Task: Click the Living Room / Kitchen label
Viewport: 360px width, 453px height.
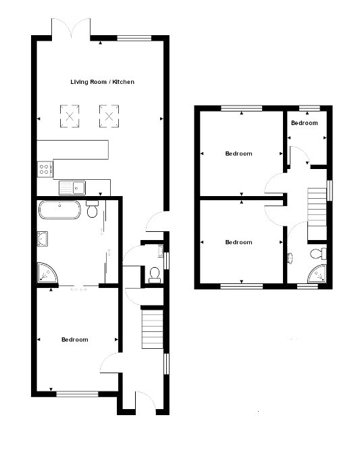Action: pyautogui.click(x=103, y=82)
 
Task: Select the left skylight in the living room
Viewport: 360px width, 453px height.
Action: pyautogui.click(x=70, y=116)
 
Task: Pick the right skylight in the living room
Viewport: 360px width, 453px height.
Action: pyautogui.click(x=109, y=116)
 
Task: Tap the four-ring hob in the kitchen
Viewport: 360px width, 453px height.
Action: pyautogui.click(x=45, y=169)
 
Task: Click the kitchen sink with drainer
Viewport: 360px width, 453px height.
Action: pyautogui.click(x=72, y=188)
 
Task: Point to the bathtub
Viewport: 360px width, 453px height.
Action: pyautogui.click(x=59, y=210)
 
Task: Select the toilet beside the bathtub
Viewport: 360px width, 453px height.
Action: pyautogui.click(x=93, y=209)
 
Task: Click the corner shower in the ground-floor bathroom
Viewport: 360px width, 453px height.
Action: pyautogui.click(x=47, y=272)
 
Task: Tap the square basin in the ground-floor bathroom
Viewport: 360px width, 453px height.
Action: pyautogui.click(x=43, y=239)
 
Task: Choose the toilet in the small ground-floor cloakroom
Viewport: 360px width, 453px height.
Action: pyautogui.click(x=155, y=275)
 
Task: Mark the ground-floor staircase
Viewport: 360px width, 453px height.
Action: pyautogui.click(x=153, y=329)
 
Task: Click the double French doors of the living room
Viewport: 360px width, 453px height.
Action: pyautogui.click(x=71, y=28)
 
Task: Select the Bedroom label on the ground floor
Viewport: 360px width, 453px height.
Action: pyautogui.click(x=75, y=339)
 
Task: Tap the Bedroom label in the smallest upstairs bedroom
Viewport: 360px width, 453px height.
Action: pyautogui.click(x=305, y=123)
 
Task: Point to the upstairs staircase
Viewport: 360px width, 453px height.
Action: pyautogui.click(x=317, y=214)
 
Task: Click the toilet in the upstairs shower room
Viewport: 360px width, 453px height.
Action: pyautogui.click(x=318, y=254)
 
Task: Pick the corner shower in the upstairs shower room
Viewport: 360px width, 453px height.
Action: pyautogui.click(x=317, y=274)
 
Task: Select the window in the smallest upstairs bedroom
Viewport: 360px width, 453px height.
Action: pyautogui.click(x=309, y=108)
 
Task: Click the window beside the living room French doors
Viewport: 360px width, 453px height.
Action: pyautogui.click(x=134, y=38)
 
